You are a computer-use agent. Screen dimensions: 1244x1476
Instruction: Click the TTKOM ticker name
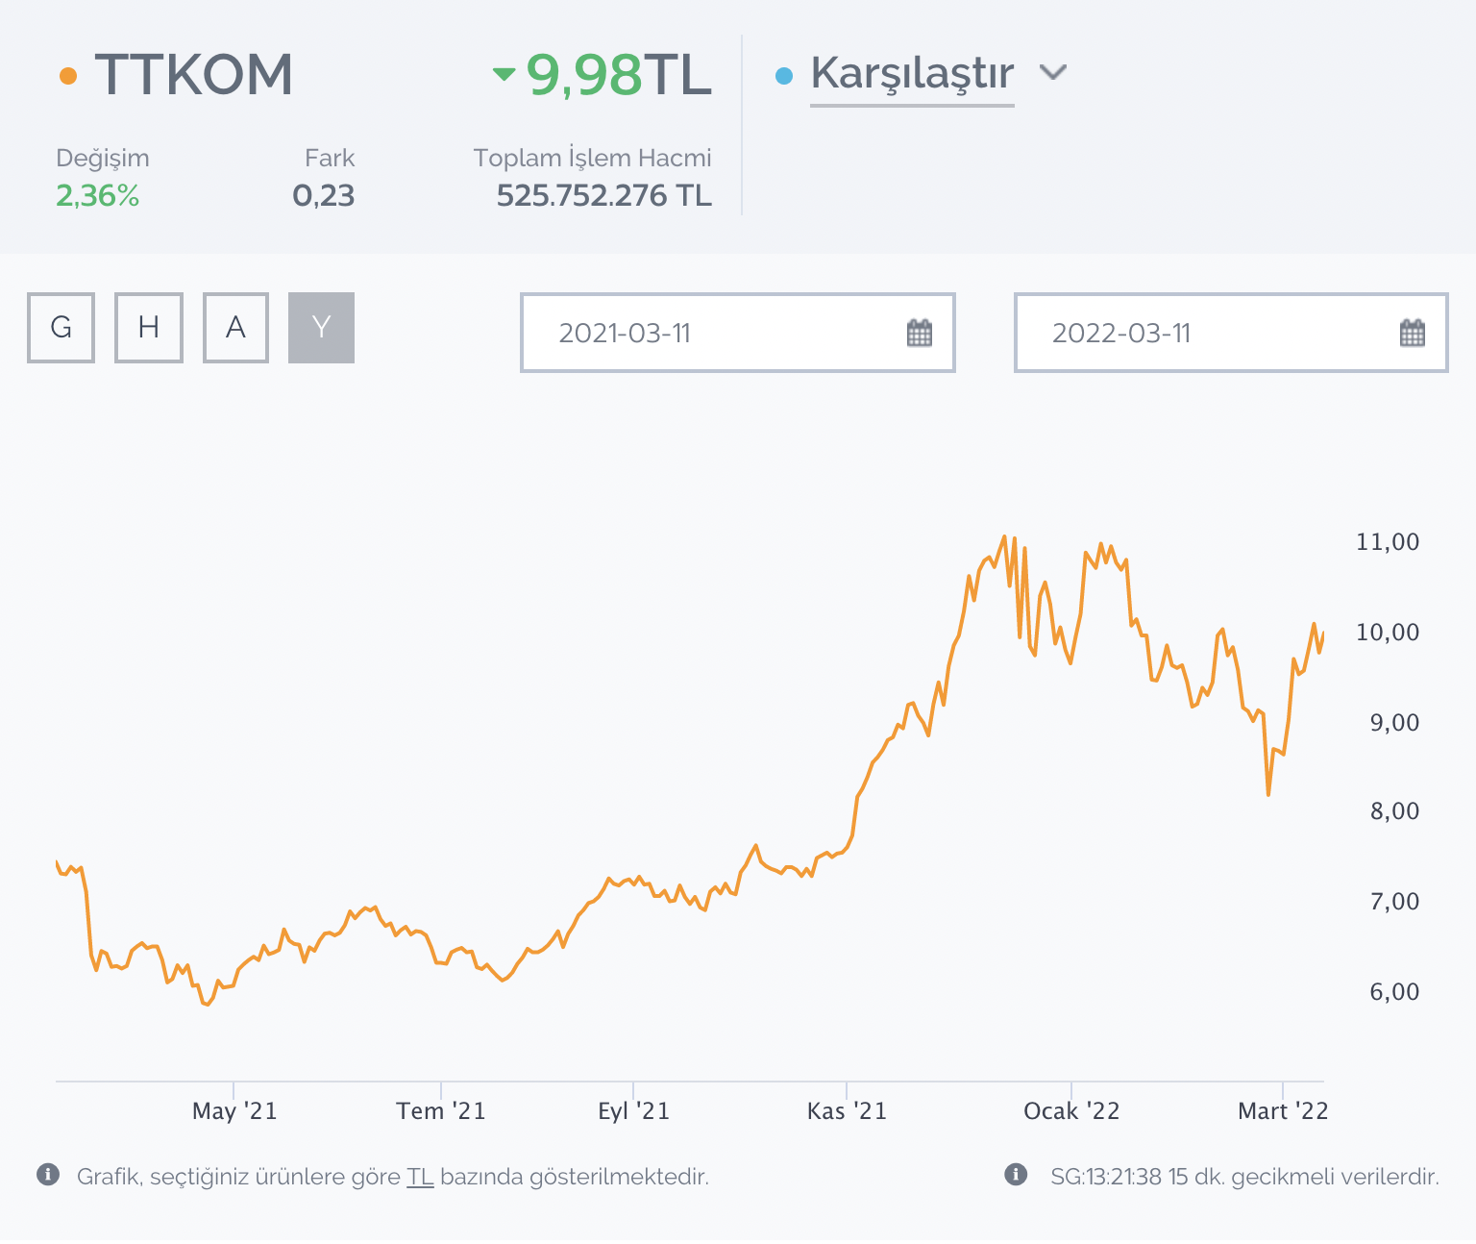(x=193, y=75)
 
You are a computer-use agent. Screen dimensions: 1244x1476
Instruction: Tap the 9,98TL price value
(x=618, y=75)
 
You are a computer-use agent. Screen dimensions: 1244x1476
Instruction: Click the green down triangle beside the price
(x=504, y=74)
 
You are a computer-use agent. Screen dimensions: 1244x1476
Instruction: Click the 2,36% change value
(x=97, y=196)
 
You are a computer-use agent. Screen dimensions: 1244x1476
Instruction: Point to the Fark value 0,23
(x=324, y=196)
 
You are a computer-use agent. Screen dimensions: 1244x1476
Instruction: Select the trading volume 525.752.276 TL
(x=603, y=196)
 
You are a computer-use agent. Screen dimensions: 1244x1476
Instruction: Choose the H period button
(x=149, y=328)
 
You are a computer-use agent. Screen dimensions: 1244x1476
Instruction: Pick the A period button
(x=235, y=328)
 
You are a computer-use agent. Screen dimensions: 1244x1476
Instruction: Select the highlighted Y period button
(x=321, y=328)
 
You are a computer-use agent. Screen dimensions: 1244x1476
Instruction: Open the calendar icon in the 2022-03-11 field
(x=1412, y=334)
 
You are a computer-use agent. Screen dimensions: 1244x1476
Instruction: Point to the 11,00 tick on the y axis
(x=1387, y=542)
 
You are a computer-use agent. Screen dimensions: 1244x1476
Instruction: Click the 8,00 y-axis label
(x=1393, y=811)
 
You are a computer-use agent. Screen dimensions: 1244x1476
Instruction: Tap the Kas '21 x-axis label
(x=847, y=1111)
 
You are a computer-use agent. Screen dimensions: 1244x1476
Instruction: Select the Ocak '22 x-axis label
(x=1071, y=1111)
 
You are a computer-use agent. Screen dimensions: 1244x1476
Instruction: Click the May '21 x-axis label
(x=234, y=1111)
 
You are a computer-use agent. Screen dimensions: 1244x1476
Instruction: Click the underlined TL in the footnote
(x=420, y=1177)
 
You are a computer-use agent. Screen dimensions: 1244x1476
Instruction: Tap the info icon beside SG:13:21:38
(x=1016, y=1175)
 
